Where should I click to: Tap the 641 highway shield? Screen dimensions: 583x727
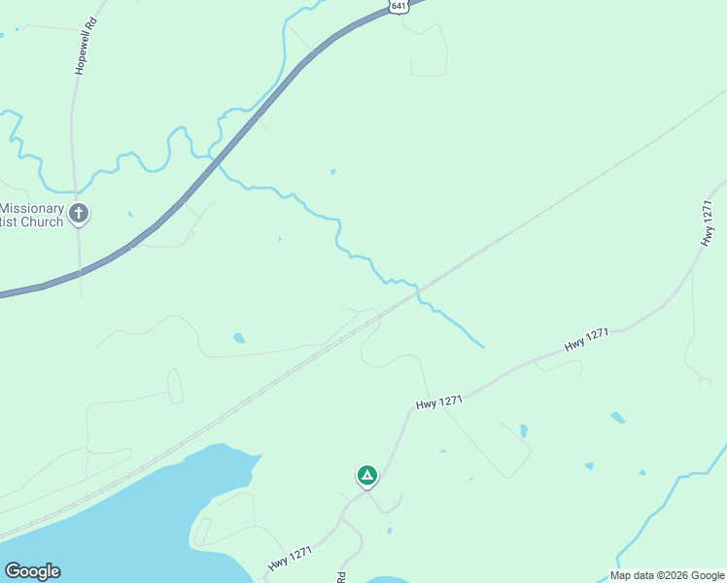(398, 6)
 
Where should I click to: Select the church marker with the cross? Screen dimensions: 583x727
(79, 214)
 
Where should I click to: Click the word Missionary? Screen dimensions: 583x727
(31, 208)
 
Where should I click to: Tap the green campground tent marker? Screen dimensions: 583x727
(366, 475)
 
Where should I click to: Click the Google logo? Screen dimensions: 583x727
(32, 571)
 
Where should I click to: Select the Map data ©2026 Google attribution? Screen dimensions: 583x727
(667, 575)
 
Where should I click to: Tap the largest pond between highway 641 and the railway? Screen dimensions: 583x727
(239, 338)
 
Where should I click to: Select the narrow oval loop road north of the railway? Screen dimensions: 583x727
(175, 386)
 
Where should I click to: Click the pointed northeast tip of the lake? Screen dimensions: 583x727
(260, 455)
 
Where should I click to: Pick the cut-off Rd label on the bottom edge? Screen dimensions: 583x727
(341, 576)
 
